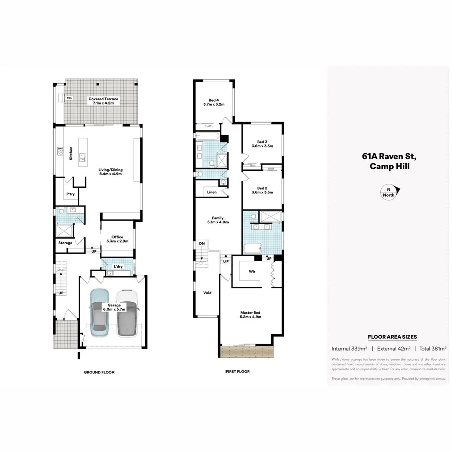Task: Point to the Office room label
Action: coord(117,239)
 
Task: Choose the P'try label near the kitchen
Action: coord(70,194)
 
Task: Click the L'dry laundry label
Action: coord(119,266)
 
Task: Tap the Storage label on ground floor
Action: coord(65,243)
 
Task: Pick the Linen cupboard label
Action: coord(212,192)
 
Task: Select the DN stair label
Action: coord(202,243)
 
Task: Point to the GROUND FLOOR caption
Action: coord(99,372)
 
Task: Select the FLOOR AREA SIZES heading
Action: coord(392,337)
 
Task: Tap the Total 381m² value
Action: coord(431,348)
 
